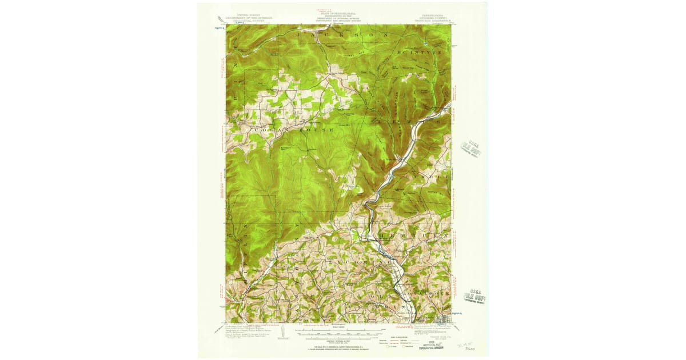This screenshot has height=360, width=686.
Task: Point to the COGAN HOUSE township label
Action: (x=284, y=130)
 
